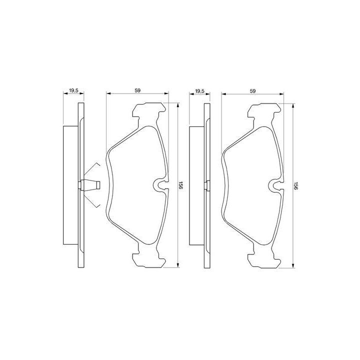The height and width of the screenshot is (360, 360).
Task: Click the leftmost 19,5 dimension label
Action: click(x=73, y=90)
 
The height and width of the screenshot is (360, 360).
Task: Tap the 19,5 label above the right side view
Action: click(x=199, y=90)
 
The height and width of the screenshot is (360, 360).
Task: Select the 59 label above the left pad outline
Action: click(x=137, y=90)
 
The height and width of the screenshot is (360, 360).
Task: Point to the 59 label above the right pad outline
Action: click(x=252, y=90)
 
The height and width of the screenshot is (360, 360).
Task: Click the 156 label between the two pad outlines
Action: click(x=180, y=185)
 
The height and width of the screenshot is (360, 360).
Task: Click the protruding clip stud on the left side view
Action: click(x=90, y=185)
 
